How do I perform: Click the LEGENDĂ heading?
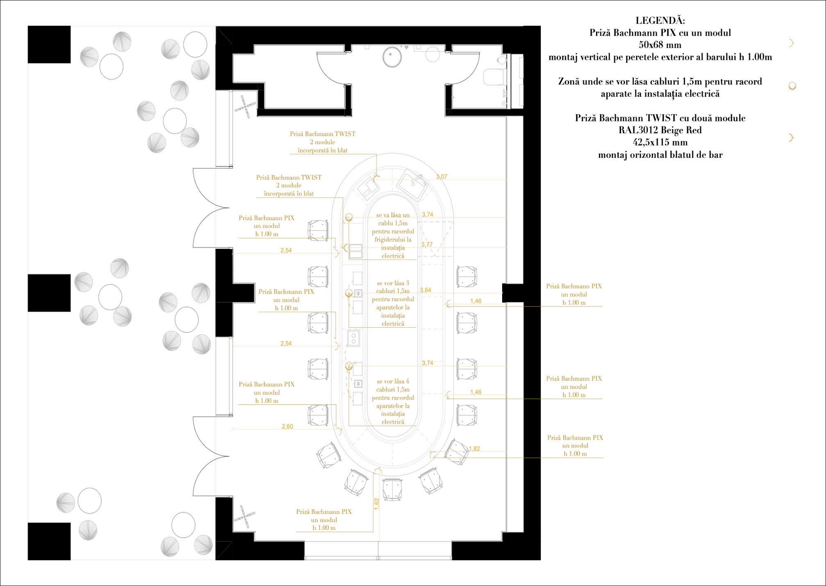(660, 20)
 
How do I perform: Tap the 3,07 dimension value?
(441, 177)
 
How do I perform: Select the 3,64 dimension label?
(426, 290)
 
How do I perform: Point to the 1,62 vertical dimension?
(377, 504)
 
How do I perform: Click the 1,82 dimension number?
(474, 449)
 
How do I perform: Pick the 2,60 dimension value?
(287, 427)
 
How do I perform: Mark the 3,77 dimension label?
(427, 245)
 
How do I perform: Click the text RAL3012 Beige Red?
(660, 130)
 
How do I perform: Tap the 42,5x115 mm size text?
(660, 143)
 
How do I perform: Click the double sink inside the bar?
(353, 338)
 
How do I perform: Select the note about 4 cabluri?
(393, 402)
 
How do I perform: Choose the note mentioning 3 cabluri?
(393, 303)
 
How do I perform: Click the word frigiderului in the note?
(393, 239)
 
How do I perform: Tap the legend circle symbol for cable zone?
(792, 86)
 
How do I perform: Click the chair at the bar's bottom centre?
(394, 490)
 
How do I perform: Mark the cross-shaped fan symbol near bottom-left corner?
(244, 517)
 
